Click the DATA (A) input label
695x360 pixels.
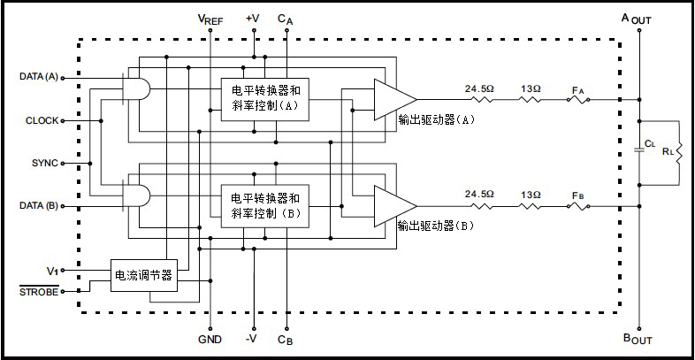(x=38, y=77)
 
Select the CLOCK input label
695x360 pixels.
(x=42, y=119)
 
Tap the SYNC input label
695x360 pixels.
(x=44, y=163)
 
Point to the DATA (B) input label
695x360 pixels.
(x=38, y=205)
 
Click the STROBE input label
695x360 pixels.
(x=40, y=290)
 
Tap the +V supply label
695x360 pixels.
(x=253, y=18)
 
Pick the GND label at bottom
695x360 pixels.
(x=210, y=340)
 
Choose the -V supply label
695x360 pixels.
(x=253, y=339)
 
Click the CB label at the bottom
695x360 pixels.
(x=285, y=340)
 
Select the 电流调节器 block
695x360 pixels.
(x=143, y=276)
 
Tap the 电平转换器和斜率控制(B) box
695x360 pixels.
(x=265, y=205)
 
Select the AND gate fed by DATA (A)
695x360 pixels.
(x=135, y=87)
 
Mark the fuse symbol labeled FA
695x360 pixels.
(x=578, y=99)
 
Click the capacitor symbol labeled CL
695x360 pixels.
(x=638, y=151)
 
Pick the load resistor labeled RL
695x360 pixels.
(x=679, y=151)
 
